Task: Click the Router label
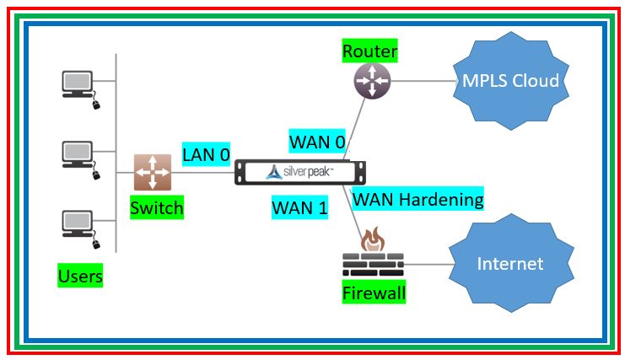coord(369,51)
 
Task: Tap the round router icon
coord(369,80)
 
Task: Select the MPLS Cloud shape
coord(510,81)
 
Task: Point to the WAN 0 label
coord(317,139)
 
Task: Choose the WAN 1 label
coord(299,207)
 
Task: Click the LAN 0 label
coord(206,154)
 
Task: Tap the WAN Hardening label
coord(418,199)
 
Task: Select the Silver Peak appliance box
coord(301,172)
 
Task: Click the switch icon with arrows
coord(152,172)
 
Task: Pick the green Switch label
coord(156,207)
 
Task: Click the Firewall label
coord(374,293)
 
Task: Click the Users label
coord(80,276)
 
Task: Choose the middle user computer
coord(78,154)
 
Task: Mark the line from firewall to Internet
coord(426,264)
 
